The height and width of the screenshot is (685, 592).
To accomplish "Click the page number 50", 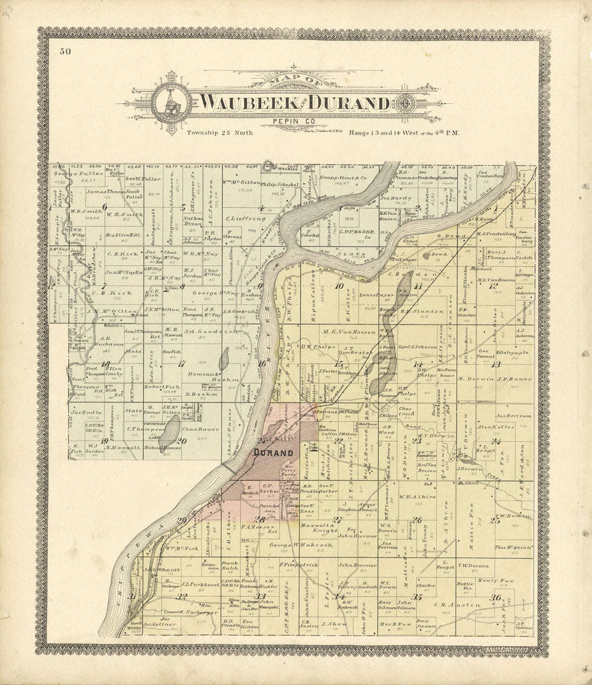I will (66, 52).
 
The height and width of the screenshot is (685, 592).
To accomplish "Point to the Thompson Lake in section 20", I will (171, 433).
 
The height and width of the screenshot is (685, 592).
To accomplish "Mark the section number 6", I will (104, 207).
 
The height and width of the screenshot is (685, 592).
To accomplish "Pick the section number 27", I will (337, 520).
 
